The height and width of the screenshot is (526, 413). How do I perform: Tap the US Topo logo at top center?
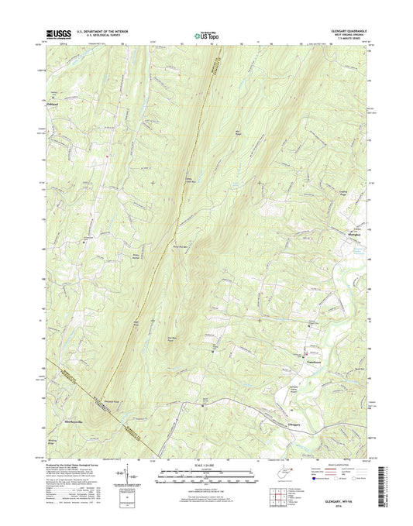[x=206, y=34]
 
